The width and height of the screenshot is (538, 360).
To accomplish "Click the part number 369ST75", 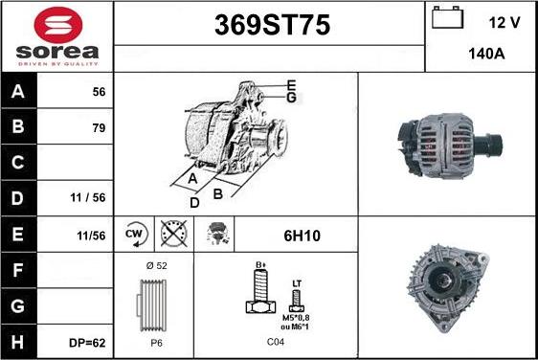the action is coord(272,25).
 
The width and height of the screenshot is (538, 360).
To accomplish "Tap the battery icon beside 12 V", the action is coord(447,17).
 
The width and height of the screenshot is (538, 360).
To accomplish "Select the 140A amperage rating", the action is coord(486,54).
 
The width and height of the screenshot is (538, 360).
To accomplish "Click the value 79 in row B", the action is coord(99,128).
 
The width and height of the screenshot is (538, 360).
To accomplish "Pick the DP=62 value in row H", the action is coord(87,343).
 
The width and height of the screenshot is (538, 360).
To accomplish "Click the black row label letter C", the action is coord(18,163).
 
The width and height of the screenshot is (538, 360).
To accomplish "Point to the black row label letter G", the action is coord(18,306).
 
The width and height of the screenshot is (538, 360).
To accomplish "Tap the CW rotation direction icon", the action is coord(136,235).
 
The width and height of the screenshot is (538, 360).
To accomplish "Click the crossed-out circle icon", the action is coord(174,234).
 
